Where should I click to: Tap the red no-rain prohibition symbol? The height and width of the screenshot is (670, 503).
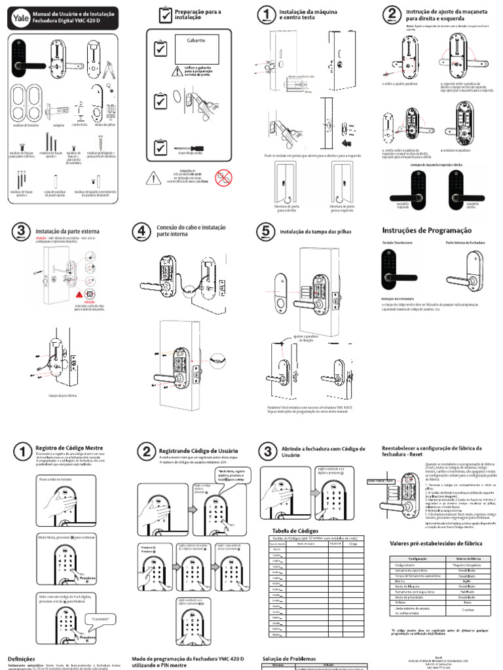pos(225,175)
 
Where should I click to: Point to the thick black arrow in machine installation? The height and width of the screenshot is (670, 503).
pos(346,141)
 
